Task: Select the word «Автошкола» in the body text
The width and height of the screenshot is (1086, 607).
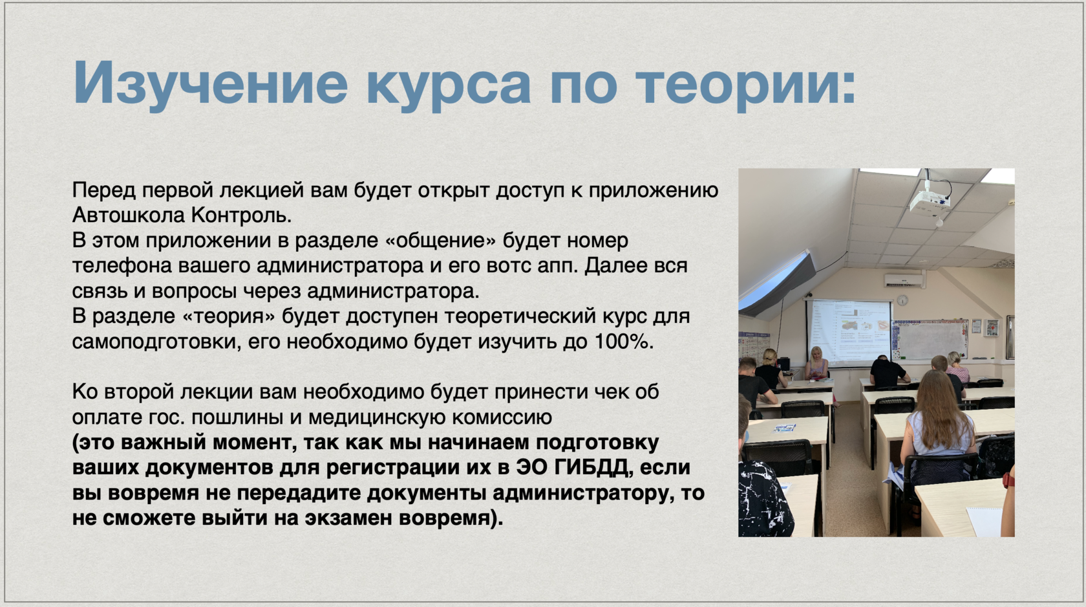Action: pos(128,215)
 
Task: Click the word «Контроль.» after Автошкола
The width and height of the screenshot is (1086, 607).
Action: pos(242,215)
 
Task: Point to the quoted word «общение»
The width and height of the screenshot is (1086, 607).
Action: pos(440,240)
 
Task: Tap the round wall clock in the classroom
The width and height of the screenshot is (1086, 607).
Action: pos(902,300)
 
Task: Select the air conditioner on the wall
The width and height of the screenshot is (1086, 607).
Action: pos(904,280)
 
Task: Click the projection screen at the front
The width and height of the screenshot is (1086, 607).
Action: pos(848,333)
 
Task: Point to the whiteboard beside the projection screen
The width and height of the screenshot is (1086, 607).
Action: pos(930,340)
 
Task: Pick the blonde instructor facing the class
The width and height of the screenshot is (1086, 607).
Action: pos(817,364)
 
